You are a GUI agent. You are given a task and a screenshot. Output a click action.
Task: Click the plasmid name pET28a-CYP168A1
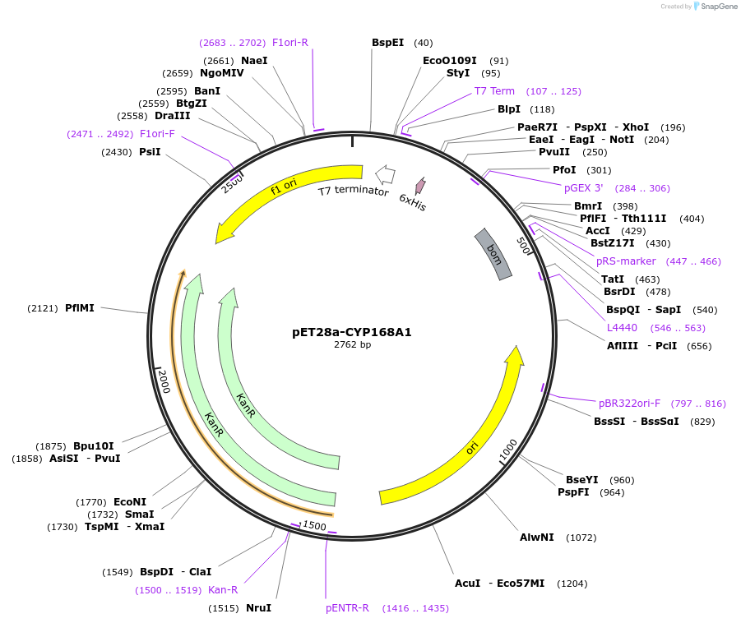pyautogui.click(x=352, y=332)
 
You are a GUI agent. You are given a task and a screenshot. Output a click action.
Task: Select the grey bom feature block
pyautogui.click(x=493, y=254)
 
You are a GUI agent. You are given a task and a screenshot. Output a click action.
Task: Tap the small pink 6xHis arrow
pyautogui.click(x=420, y=186)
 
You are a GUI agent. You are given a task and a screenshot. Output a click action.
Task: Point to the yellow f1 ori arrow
pyautogui.click(x=284, y=188)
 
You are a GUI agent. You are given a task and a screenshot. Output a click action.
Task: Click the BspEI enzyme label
pyautogui.click(x=387, y=43)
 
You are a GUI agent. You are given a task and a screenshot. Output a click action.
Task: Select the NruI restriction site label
pyautogui.click(x=258, y=608)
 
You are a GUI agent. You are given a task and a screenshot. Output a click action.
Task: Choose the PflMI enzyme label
pyautogui.click(x=80, y=308)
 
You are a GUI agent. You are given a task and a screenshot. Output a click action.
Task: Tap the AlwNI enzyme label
pyautogui.click(x=536, y=537)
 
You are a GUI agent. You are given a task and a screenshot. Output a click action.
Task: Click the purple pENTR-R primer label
pyautogui.click(x=347, y=608)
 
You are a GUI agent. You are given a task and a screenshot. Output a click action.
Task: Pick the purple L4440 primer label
pyautogui.click(x=622, y=328)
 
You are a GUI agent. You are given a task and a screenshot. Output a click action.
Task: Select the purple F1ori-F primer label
pyautogui.click(x=157, y=134)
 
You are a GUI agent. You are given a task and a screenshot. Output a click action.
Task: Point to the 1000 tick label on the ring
pyautogui.click(x=508, y=450)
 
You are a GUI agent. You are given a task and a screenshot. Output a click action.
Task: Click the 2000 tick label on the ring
pyautogui.click(x=164, y=381)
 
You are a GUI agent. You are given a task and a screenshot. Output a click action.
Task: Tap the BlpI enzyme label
pyautogui.click(x=508, y=109)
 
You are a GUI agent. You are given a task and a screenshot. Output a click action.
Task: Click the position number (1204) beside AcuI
pyautogui.click(x=572, y=584)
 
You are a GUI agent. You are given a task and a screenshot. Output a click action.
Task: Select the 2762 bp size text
pyautogui.click(x=352, y=345)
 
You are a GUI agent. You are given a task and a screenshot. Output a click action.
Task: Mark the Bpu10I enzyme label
pyautogui.click(x=94, y=445)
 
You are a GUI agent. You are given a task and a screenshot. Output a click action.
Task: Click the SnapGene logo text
pyautogui.click(x=719, y=6)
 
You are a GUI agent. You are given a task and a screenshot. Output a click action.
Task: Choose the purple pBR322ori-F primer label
pyautogui.click(x=629, y=404)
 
